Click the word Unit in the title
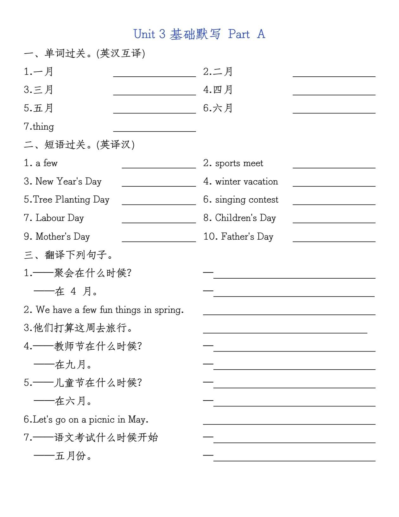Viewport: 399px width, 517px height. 144,34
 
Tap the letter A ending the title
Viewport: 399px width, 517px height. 261,34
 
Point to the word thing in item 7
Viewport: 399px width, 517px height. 43,126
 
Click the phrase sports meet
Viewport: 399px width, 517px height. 239,163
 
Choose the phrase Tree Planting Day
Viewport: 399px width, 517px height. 71,199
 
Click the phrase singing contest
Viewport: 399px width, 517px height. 247,200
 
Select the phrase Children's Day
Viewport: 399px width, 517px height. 245,218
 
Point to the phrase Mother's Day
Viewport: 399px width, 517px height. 63,236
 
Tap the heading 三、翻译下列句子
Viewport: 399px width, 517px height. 68,255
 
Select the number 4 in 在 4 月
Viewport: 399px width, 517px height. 73,291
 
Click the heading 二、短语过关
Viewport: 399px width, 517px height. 79,145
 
